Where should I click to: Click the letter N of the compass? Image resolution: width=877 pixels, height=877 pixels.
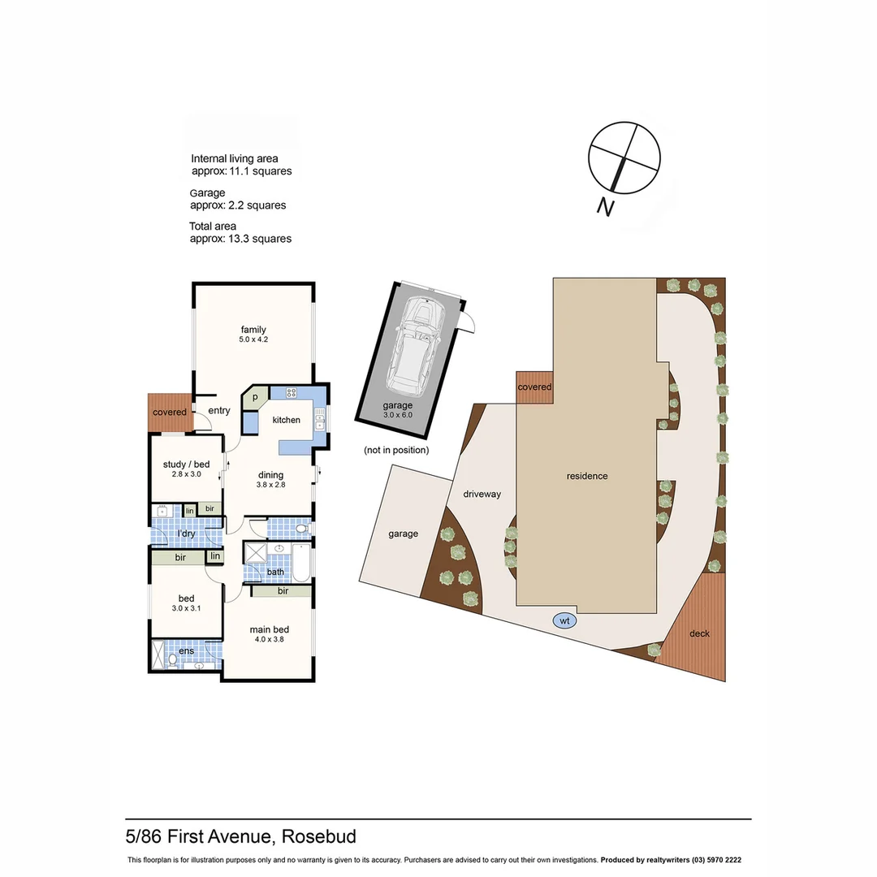[x=605, y=208]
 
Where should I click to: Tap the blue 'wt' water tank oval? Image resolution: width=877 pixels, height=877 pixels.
[x=563, y=620]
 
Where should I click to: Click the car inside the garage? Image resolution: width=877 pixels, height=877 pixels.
[x=415, y=345]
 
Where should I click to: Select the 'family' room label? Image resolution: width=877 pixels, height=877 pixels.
[x=253, y=329]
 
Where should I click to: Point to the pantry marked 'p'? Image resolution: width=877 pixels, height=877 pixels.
[x=255, y=398]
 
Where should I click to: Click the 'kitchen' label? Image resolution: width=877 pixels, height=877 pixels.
[x=286, y=420]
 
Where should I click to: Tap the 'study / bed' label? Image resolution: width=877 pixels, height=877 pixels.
[x=186, y=464]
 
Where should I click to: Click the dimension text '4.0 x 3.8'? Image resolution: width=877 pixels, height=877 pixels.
[x=270, y=639]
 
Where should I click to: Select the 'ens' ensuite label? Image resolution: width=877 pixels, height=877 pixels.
[x=186, y=650]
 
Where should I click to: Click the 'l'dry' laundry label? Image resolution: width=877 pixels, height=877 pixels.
[x=187, y=534]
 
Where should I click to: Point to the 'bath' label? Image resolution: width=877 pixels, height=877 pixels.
[x=276, y=572]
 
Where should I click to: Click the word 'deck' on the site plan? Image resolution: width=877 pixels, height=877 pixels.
[x=698, y=633]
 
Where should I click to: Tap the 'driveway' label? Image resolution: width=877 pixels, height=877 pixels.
[x=482, y=494]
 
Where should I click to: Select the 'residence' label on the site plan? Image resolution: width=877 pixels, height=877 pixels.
[x=587, y=476]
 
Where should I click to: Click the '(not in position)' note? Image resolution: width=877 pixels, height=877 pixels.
[x=396, y=450]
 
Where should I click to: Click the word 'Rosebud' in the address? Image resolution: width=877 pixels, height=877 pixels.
[x=319, y=836]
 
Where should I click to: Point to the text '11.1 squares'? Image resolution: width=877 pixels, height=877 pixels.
[x=263, y=171]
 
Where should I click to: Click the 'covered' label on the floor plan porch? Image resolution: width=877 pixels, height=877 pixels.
[x=170, y=413]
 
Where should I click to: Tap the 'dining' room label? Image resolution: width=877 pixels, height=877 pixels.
[x=270, y=475]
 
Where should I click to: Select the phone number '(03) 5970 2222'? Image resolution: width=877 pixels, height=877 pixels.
[x=711, y=860]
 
